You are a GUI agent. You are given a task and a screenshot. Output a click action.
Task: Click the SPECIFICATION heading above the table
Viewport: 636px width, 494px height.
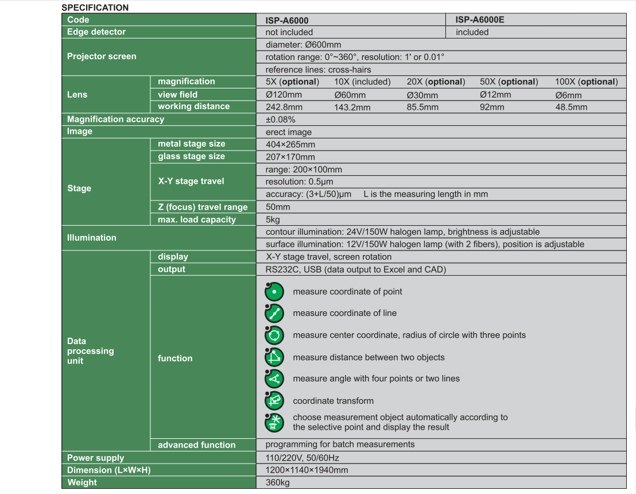95,7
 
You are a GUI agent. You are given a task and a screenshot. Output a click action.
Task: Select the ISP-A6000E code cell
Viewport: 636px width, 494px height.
480,20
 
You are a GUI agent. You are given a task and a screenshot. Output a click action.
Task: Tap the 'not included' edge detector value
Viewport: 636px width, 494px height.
289,32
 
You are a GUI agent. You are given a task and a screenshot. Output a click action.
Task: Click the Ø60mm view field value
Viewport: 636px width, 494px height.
350,95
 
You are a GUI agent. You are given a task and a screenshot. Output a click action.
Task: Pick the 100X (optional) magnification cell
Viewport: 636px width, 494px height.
586,82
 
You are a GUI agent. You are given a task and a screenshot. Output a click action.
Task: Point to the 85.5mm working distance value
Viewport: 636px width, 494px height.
422,107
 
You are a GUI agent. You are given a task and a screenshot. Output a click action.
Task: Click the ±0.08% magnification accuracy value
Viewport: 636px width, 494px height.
281,119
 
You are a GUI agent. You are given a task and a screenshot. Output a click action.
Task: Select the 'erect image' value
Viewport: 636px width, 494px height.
289,132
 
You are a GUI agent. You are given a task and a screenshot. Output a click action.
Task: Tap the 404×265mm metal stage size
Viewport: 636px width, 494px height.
290,144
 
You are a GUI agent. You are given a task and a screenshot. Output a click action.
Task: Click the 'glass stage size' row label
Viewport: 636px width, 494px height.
191,156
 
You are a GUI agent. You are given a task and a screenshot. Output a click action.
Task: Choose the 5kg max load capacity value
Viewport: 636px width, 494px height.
273,219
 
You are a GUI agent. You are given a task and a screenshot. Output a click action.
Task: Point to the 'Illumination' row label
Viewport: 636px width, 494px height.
92,237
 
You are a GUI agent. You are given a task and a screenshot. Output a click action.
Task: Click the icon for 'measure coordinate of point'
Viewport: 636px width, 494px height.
274,292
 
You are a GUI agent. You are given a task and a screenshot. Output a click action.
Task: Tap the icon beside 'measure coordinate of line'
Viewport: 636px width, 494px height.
274,313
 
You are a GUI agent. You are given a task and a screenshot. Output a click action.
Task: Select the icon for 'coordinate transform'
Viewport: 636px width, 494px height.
274,400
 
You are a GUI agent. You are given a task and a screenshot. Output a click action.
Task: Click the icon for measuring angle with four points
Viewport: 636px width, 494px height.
274,379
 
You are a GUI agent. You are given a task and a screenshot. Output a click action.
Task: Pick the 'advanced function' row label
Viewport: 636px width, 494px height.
196,445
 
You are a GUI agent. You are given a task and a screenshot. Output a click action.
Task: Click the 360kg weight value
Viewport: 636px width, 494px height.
278,483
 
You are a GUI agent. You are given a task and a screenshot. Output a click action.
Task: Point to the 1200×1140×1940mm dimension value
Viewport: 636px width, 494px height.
307,470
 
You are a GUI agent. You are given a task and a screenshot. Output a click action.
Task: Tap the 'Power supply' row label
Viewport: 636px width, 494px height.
95,458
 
